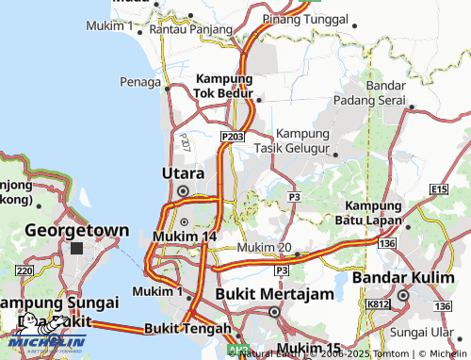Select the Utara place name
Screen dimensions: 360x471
click(x=183, y=173)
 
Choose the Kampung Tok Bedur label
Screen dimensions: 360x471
click(x=224, y=86)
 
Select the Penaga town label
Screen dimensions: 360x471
click(x=140, y=82)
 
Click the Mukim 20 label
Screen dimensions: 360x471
click(x=263, y=247)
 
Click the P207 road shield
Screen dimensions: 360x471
click(x=184, y=142)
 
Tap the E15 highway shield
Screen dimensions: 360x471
click(x=438, y=189)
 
